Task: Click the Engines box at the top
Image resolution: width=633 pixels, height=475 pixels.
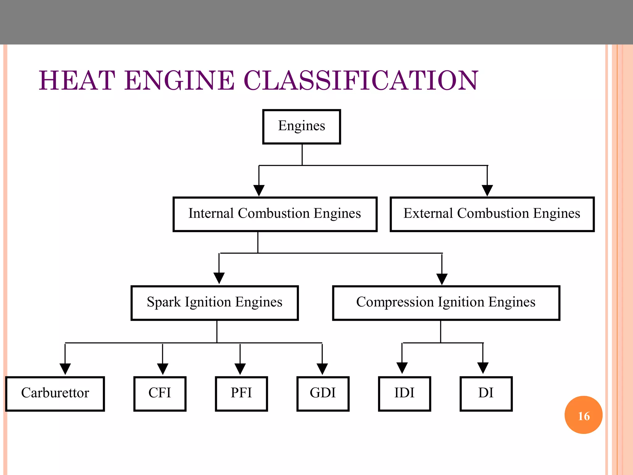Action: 301,126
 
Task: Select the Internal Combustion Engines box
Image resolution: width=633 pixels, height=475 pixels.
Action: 275,214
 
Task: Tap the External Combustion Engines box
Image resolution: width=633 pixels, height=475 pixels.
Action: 492,214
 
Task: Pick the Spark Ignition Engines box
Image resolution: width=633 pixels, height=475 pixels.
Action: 215,303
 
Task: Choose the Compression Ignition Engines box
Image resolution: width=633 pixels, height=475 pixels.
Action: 446,303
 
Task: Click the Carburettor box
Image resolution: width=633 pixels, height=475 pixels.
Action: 55,393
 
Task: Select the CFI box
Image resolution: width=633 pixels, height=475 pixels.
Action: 159,393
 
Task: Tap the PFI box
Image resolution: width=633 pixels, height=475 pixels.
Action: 241,393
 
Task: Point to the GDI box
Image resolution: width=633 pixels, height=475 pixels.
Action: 323,393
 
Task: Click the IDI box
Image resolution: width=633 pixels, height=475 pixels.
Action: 404,393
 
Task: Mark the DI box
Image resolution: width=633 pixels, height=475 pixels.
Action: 486,393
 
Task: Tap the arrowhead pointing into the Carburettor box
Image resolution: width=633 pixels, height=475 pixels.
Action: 65,369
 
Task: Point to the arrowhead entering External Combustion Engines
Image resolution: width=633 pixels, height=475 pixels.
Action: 487,190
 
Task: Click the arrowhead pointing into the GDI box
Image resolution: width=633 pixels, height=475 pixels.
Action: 322,369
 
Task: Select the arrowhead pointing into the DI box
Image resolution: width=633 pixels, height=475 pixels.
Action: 483,368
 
